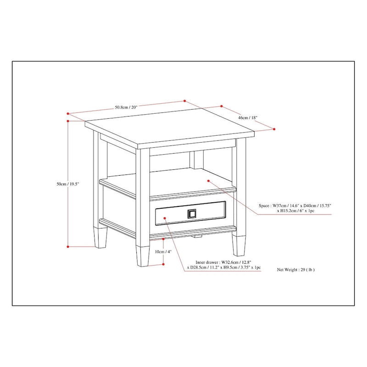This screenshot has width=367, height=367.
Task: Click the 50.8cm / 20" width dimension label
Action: (x=126, y=107)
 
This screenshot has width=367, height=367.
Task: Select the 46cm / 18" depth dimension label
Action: (x=248, y=118)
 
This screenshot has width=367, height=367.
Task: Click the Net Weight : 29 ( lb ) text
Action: (x=296, y=270)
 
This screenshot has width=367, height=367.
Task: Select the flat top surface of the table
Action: (x=170, y=128)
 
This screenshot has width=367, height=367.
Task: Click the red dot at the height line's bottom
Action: (x=68, y=246)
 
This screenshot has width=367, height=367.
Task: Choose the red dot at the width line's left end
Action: (x=67, y=113)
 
